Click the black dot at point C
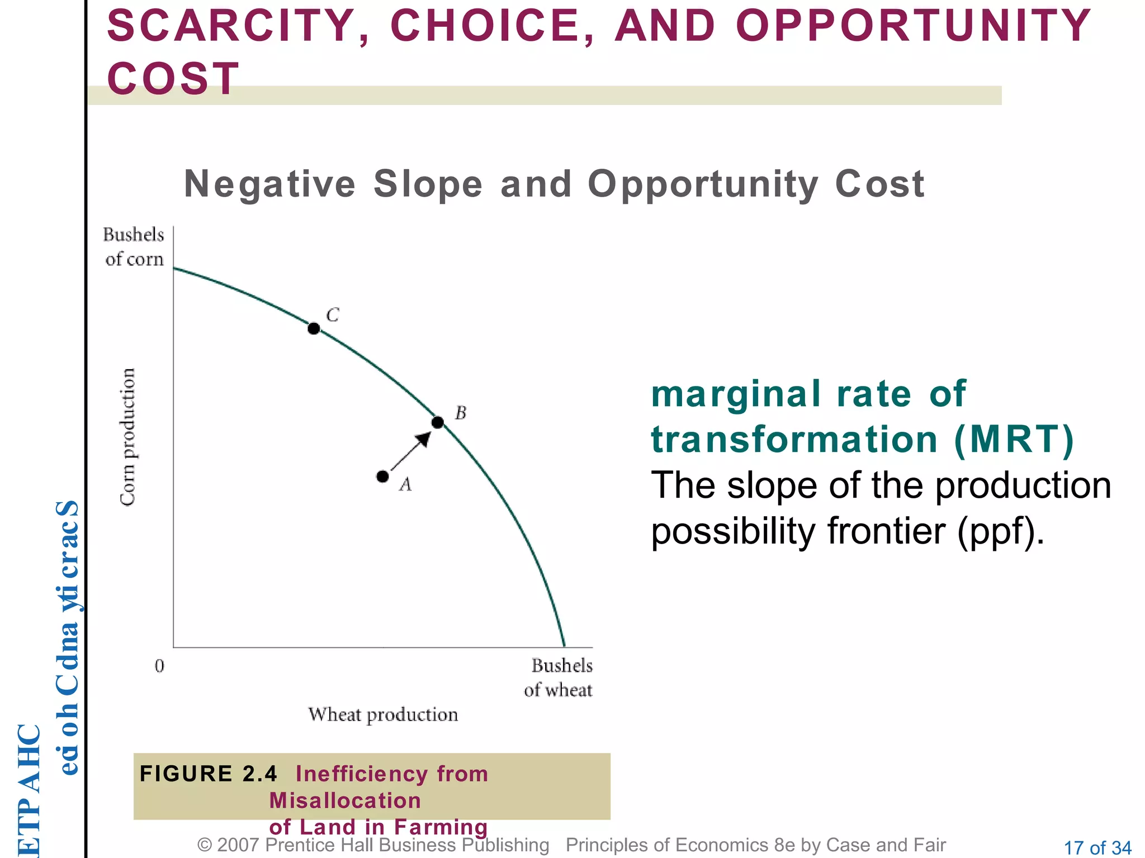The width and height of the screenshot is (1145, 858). (x=314, y=328)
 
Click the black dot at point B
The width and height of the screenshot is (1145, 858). (x=438, y=422)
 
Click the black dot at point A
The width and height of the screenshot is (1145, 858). (x=382, y=476)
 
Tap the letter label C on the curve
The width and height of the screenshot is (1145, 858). (x=333, y=315)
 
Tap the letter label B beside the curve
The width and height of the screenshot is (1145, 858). (x=461, y=413)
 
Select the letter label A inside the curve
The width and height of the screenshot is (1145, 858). (x=405, y=484)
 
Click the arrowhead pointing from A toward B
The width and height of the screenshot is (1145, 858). (x=424, y=439)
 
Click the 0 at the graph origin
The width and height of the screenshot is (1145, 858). (x=159, y=666)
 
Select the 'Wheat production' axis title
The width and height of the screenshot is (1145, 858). (x=383, y=714)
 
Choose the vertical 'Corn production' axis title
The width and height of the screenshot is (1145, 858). (x=128, y=437)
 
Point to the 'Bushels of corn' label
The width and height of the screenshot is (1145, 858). (x=134, y=247)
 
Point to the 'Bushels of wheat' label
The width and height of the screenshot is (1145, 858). (x=559, y=678)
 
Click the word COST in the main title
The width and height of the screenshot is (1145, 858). (x=173, y=78)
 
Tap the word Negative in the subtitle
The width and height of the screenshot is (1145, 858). (x=269, y=184)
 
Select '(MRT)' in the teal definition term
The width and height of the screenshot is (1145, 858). (x=1014, y=440)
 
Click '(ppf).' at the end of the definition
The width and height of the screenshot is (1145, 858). (x=1001, y=531)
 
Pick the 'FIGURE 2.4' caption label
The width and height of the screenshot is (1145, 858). (x=208, y=774)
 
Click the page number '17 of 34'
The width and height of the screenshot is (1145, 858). (x=1097, y=848)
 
